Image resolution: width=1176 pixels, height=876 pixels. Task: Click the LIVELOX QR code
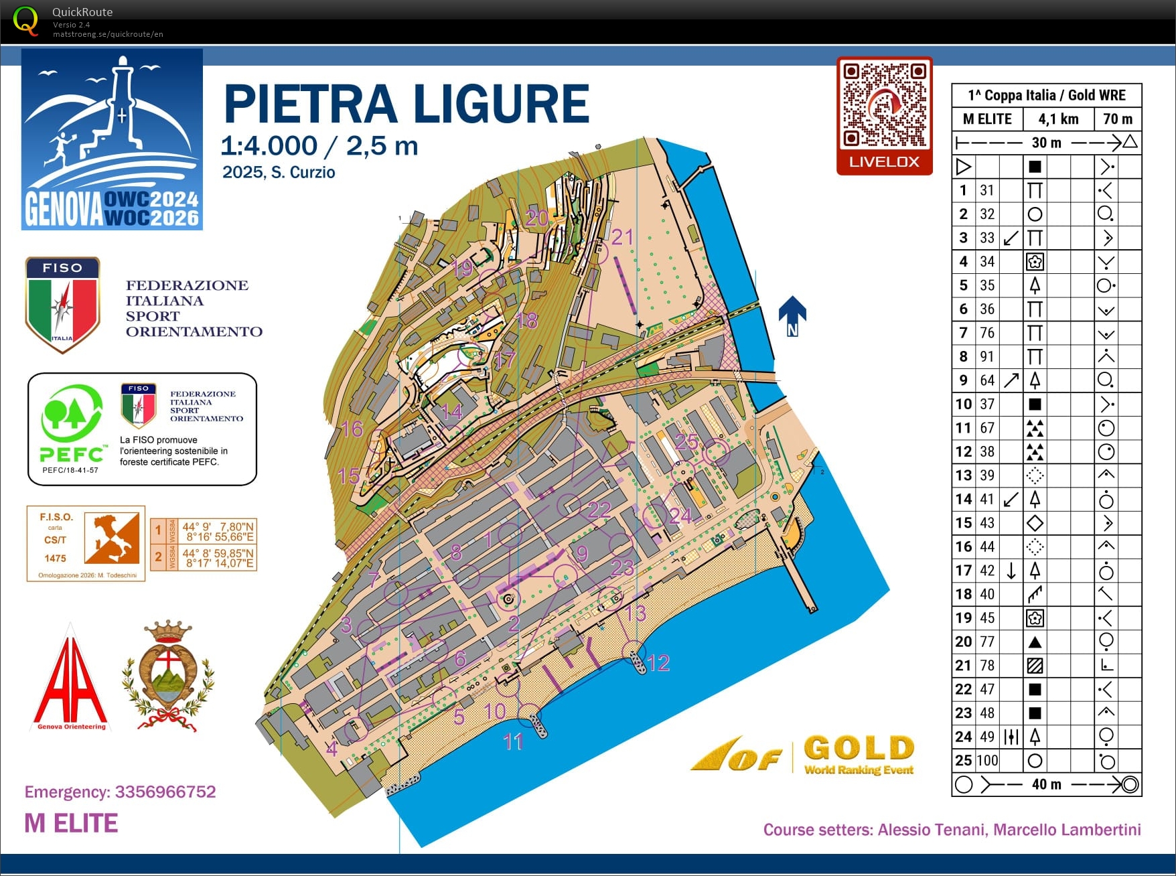click(884, 105)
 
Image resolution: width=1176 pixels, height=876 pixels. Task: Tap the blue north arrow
click(792, 315)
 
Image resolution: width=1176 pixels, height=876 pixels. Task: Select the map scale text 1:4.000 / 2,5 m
click(319, 146)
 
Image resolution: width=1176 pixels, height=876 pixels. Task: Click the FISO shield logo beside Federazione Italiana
click(62, 303)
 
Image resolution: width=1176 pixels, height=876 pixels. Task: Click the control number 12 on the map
click(658, 663)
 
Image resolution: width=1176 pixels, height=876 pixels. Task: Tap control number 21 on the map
click(622, 236)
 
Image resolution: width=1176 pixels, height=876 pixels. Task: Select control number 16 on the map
click(352, 429)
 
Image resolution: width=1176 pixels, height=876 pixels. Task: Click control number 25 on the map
click(686, 442)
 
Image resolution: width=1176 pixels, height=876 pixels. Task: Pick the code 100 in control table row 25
click(987, 760)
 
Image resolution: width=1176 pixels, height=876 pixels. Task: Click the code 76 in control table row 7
click(987, 333)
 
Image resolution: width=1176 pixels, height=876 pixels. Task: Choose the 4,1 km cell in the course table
click(1058, 119)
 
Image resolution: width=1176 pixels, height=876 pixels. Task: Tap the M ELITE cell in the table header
click(987, 119)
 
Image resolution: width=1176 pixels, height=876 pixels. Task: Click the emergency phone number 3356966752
click(165, 792)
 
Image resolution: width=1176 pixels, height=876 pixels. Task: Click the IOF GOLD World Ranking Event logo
click(804, 755)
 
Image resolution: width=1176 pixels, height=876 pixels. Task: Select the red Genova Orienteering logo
click(70, 680)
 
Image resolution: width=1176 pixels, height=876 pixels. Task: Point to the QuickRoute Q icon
click(25, 20)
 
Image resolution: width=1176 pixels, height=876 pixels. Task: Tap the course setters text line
click(952, 830)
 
